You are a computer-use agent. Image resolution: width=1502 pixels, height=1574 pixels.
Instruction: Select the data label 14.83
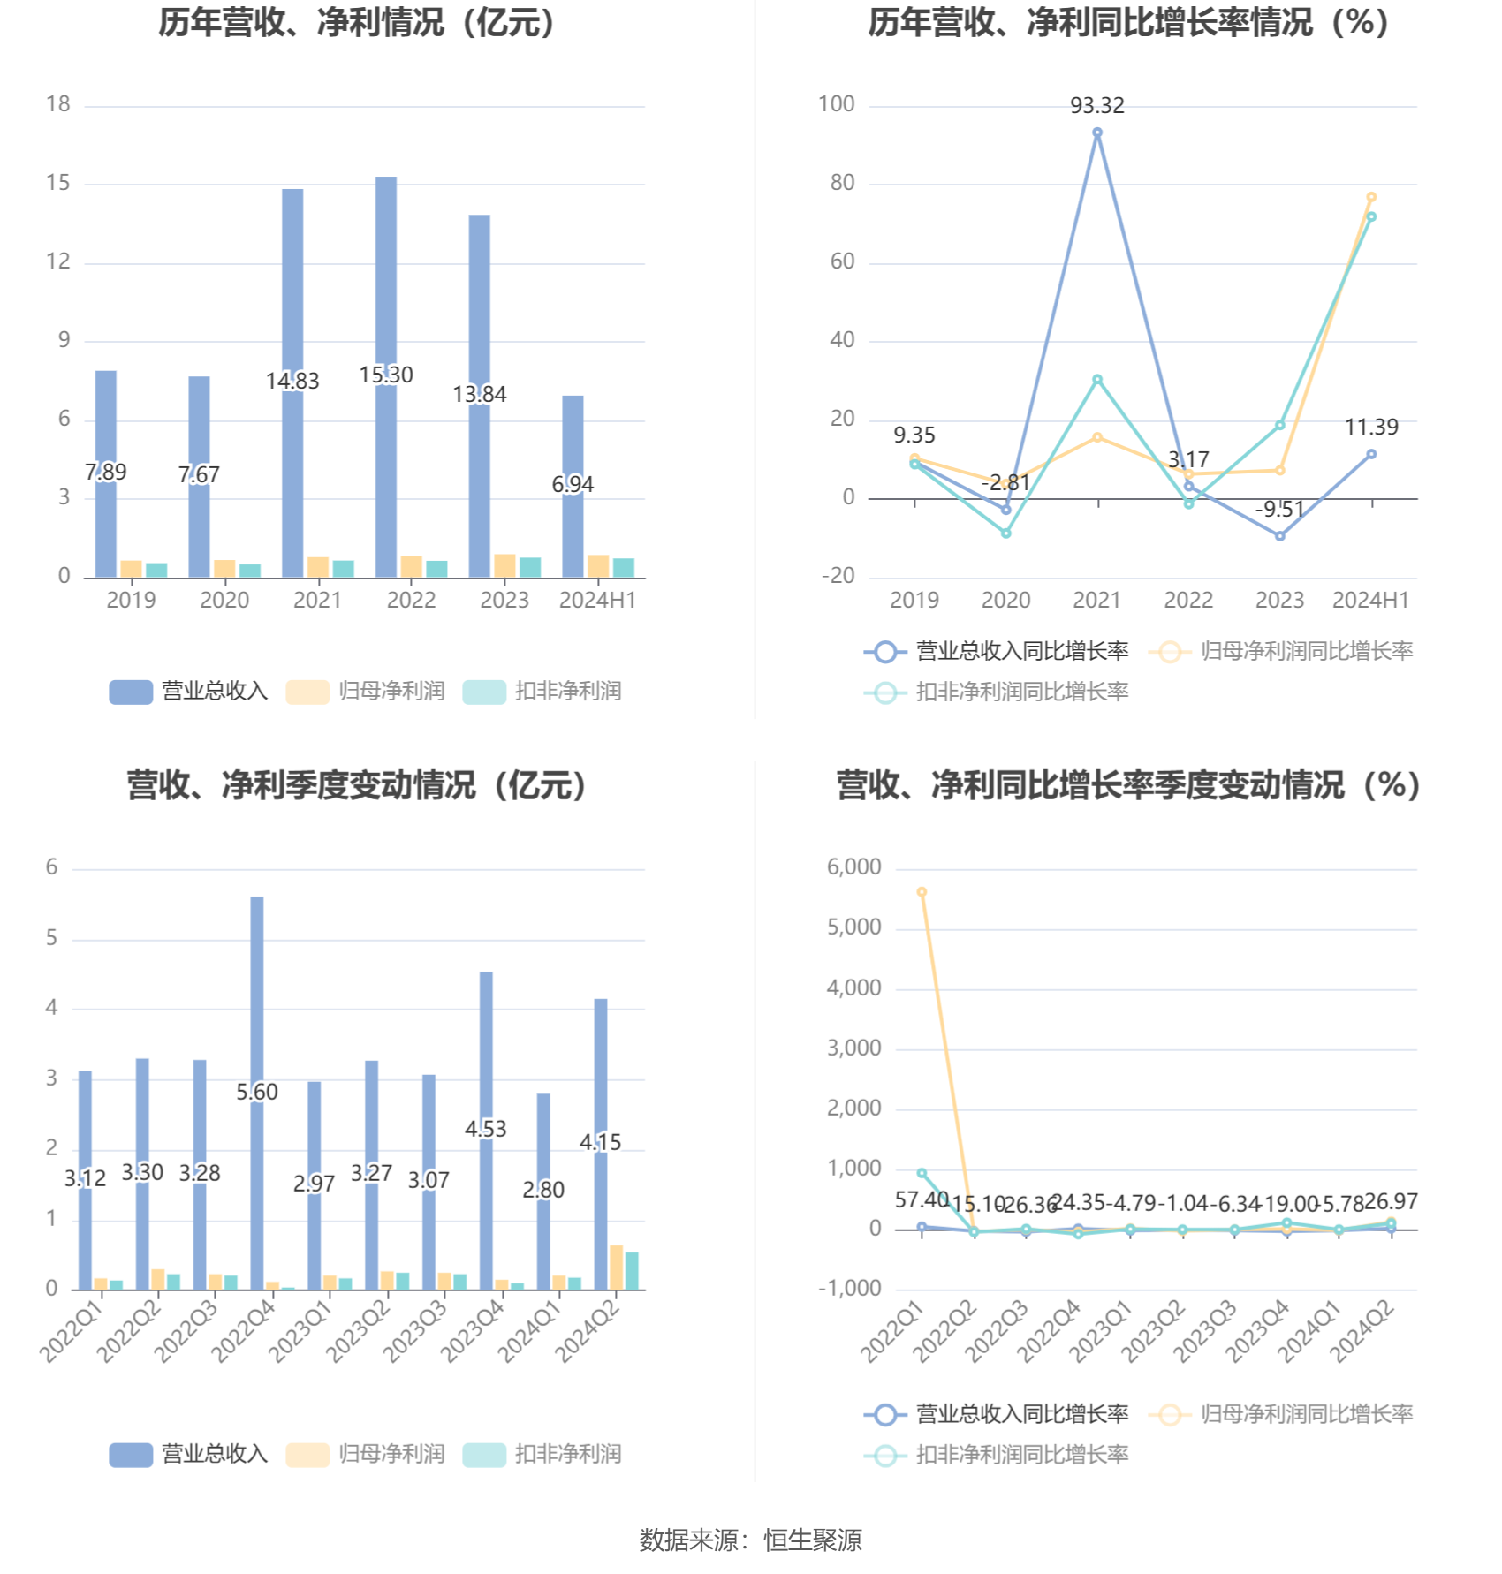point(292,382)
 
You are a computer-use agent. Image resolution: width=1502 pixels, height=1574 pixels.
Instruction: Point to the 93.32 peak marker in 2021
point(1097,132)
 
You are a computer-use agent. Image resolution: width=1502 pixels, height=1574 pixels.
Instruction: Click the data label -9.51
point(1279,510)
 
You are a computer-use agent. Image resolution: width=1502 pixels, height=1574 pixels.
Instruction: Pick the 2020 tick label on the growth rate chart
point(1005,601)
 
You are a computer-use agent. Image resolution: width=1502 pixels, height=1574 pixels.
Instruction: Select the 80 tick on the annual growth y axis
point(842,184)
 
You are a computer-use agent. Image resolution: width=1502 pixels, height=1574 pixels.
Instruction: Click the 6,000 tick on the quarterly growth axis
point(853,867)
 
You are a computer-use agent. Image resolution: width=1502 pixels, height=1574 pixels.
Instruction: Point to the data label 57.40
point(922,1200)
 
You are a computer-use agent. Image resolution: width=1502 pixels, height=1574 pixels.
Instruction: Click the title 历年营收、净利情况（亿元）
point(358,23)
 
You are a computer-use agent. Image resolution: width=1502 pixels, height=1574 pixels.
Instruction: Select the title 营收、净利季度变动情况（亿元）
point(358,785)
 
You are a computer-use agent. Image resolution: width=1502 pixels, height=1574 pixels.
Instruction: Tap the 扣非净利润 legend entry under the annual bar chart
point(542,692)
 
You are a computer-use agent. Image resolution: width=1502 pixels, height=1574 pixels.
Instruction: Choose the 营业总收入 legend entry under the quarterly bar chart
point(189,1454)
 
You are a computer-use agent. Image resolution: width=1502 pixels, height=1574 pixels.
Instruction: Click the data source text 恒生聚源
point(812,1540)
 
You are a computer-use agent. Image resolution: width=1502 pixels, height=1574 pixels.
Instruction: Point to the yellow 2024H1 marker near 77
point(1371,198)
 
